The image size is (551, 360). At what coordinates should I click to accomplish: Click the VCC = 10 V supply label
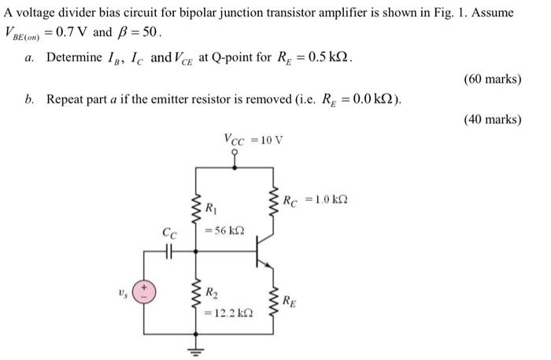[253, 139]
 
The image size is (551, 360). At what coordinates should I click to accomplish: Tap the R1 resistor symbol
[197, 211]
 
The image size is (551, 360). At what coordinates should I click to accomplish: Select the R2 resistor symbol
[197, 299]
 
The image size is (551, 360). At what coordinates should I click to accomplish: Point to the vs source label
[122, 292]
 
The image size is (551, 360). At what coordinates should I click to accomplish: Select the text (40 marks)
[493, 120]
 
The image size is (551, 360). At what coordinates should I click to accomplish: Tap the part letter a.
[29, 58]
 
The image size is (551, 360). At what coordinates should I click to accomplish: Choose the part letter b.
[29, 99]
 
